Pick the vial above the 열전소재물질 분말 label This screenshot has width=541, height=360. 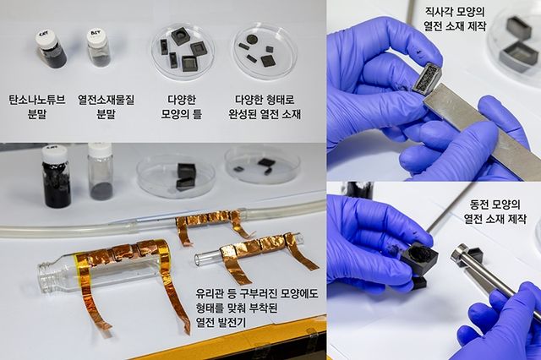click(x=100, y=49)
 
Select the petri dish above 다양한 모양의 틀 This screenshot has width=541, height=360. click(x=181, y=50)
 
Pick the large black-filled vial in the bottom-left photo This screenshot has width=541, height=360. click(x=57, y=177)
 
